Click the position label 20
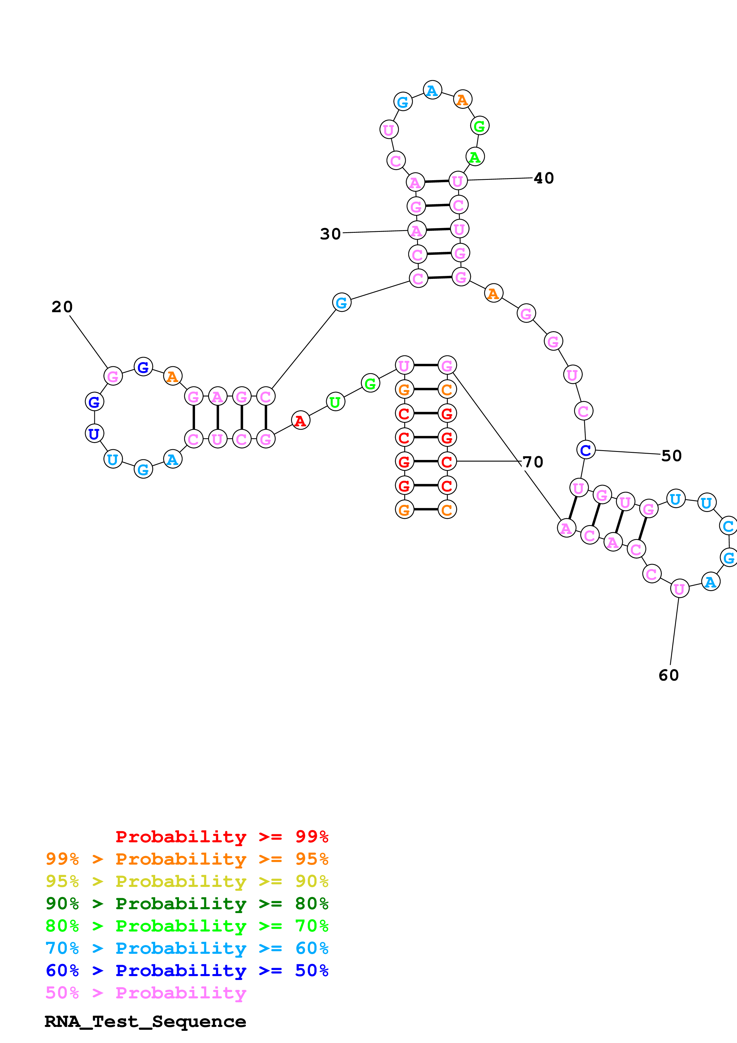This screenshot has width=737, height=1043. pos(62,307)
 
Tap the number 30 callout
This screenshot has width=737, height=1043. pos(330,234)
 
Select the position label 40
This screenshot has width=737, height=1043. pos(543,178)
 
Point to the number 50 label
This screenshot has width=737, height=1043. pos(671,455)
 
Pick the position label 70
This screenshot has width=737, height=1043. pos(533,462)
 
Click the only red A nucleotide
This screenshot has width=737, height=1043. pos(300,421)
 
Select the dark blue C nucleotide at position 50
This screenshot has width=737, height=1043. pos(586,450)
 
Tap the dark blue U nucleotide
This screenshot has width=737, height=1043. pos(94,433)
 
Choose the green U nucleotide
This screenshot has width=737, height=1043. pos(335,402)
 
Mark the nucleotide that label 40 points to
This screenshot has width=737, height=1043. pos(458,181)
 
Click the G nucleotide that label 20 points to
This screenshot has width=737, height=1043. pos(113,376)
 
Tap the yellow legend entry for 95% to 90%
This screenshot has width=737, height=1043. pos(187,881)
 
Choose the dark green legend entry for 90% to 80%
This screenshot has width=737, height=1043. pos(187,904)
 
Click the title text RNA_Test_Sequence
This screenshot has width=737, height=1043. pos(145,1022)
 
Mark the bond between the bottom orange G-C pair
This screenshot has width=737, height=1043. pos(425,509)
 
